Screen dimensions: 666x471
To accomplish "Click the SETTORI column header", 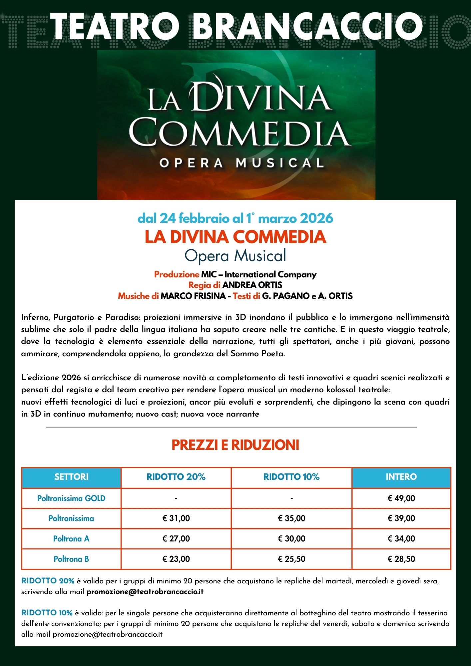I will [71, 477].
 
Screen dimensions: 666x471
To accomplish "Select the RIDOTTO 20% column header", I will [176, 477].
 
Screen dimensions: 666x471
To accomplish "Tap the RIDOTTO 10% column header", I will [291, 477].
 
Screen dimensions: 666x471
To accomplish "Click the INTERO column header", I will [401, 477].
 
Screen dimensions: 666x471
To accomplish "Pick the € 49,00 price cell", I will [401, 499].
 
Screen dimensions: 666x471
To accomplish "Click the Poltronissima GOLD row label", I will [71, 499].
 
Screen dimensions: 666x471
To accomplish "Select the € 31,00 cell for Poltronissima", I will [176, 518].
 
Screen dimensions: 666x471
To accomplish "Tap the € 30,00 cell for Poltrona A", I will [291, 539].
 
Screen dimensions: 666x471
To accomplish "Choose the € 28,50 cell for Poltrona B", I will [401, 559].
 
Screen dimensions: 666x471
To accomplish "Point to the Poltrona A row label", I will [71, 539].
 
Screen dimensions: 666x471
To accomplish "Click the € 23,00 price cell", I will [176, 559].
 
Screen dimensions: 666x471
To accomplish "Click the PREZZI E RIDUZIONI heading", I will [235, 445].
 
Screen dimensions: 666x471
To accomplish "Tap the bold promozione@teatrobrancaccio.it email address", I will [145, 592].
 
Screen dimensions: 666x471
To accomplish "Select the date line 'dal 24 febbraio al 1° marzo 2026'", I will [235, 218].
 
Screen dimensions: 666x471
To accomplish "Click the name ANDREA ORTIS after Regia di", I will [252, 285].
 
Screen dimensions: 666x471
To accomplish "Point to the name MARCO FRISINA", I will [193, 296].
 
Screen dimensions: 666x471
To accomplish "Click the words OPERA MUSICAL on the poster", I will [241, 163].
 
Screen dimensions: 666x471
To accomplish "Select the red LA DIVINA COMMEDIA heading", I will [235, 237].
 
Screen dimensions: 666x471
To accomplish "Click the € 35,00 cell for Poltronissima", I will [291, 518].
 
